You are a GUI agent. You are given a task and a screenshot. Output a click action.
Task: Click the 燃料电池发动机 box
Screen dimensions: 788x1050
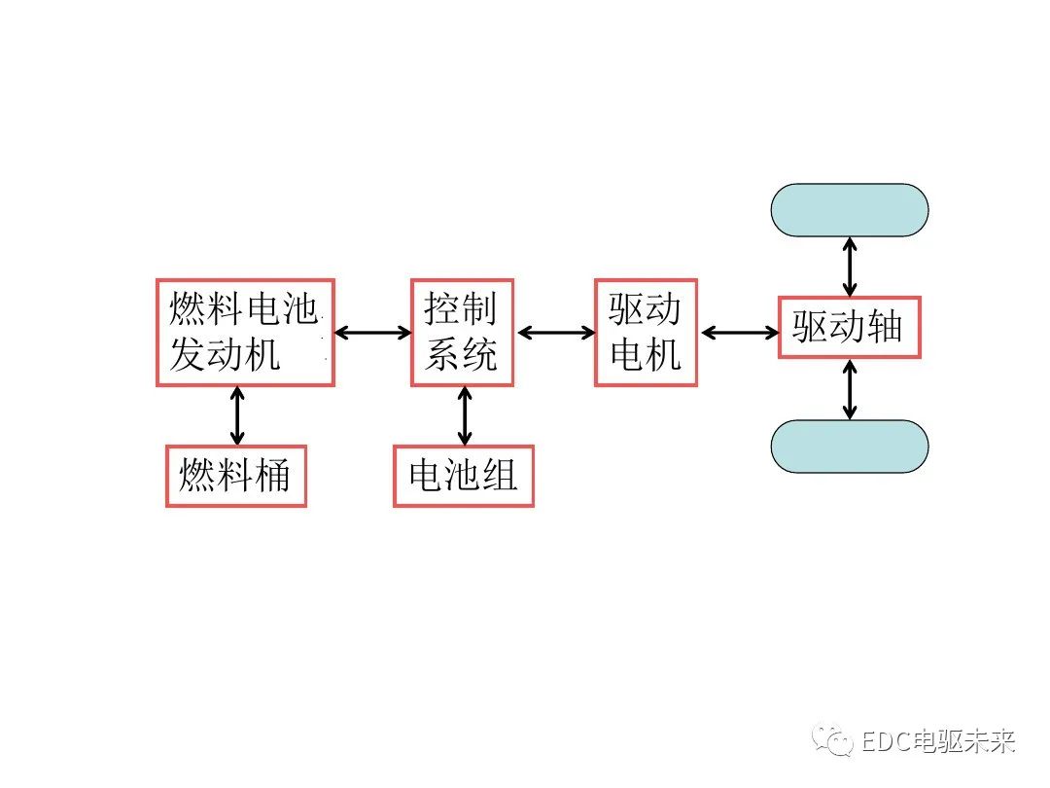click(x=245, y=333)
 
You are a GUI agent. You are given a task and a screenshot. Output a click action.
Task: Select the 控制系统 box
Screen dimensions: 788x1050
click(x=462, y=333)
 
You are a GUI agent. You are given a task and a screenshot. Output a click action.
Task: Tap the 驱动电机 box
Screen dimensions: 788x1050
click(x=646, y=333)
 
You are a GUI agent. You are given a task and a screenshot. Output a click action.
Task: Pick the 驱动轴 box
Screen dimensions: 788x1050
click(x=849, y=328)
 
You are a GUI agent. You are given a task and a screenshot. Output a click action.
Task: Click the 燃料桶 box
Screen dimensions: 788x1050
click(x=235, y=476)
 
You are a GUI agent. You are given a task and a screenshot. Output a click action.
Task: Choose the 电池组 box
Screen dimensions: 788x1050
click(x=463, y=476)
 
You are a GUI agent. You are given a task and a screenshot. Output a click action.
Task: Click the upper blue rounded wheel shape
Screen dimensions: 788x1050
click(x=849, y=210)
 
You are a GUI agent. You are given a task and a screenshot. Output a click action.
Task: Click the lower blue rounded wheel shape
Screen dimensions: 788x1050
click(x=849, y=447)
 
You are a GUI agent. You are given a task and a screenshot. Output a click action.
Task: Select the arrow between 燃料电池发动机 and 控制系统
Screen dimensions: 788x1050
click(x=373, y=333)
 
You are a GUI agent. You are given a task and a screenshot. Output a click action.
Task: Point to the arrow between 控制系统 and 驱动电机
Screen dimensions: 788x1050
click(x=556, y=333)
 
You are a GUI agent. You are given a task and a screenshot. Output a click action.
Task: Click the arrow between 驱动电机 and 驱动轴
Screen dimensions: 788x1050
click(x=740, y=333)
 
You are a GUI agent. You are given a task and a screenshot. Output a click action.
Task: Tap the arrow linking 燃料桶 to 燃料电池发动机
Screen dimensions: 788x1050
click(x=236, y=415)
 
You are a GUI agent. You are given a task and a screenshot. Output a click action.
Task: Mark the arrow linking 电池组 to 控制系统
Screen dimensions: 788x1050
click(x=464, y=415)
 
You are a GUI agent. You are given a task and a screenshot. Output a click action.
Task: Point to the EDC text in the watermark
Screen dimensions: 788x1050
click(x=885, y=742)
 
